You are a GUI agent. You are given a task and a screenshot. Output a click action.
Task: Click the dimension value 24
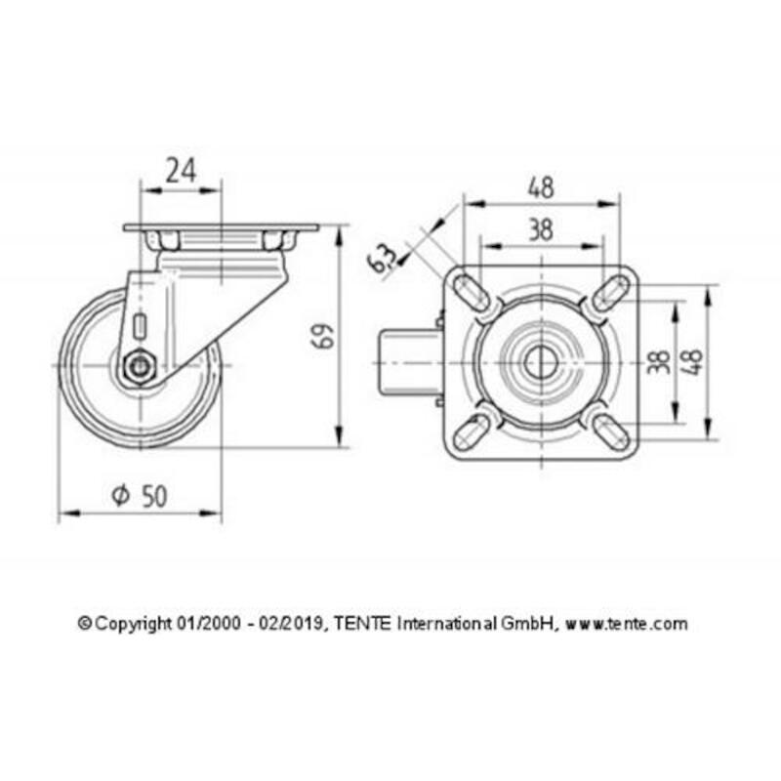(182, 170)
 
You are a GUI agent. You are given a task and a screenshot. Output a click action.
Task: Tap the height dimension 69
(322, 336)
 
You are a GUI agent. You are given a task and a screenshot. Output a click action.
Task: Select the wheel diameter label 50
(154, 496)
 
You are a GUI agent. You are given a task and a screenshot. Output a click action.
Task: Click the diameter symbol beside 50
(120, 495)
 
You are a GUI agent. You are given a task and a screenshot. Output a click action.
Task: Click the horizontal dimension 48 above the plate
(541, 187)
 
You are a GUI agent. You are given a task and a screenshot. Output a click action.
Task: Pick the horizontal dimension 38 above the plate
(541, 230)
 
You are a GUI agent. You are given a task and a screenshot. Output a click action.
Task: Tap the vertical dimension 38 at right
(660, 362)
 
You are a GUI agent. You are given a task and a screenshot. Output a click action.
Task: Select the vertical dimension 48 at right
(694, 361)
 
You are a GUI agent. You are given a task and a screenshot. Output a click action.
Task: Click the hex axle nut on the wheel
(140, 369)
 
